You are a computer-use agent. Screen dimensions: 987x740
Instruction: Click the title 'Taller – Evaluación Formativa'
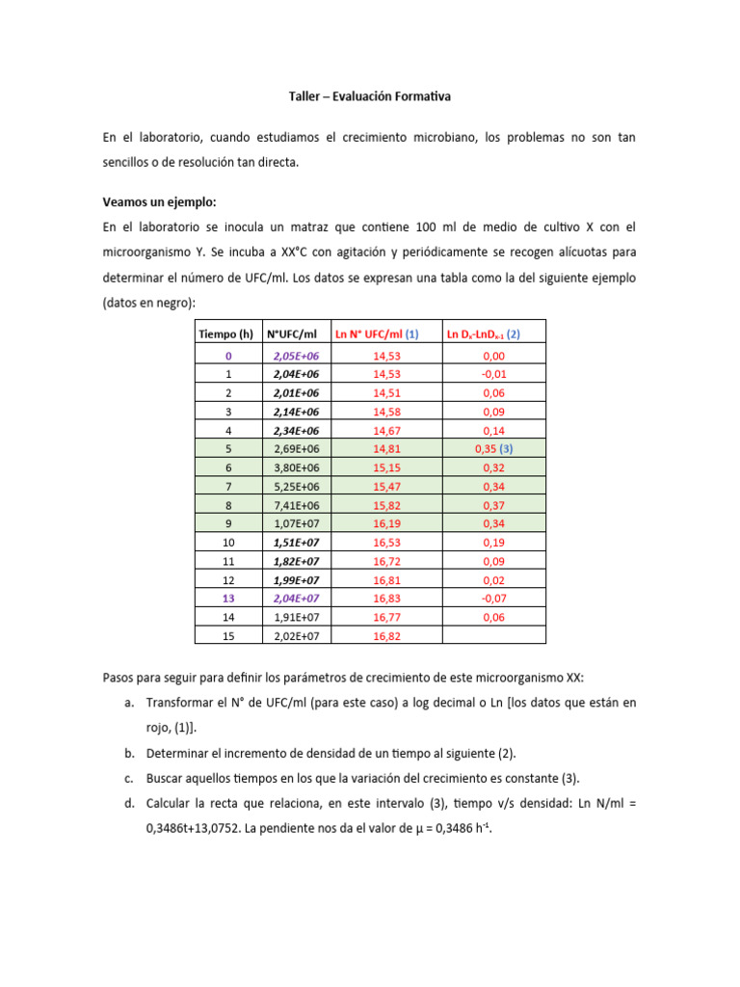[369, 96]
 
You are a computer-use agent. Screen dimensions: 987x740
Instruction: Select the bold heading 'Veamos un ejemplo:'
[160, 201]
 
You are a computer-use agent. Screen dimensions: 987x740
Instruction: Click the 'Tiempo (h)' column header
[227, 334]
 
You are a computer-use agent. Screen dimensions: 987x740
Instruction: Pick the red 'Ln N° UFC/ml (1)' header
[376, 334]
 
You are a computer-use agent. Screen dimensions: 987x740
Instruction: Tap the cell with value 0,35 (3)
[494, 449]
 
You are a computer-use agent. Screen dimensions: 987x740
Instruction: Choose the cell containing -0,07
[494, 598]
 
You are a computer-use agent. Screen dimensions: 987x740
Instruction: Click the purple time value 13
[227, 598]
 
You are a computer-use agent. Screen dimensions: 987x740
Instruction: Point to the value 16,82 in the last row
[384, 635]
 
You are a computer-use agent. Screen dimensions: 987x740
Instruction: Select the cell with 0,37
[494, 504]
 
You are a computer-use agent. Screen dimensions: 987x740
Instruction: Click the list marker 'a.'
[130, 704]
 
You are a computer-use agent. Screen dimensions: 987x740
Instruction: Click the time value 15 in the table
[227, 635]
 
